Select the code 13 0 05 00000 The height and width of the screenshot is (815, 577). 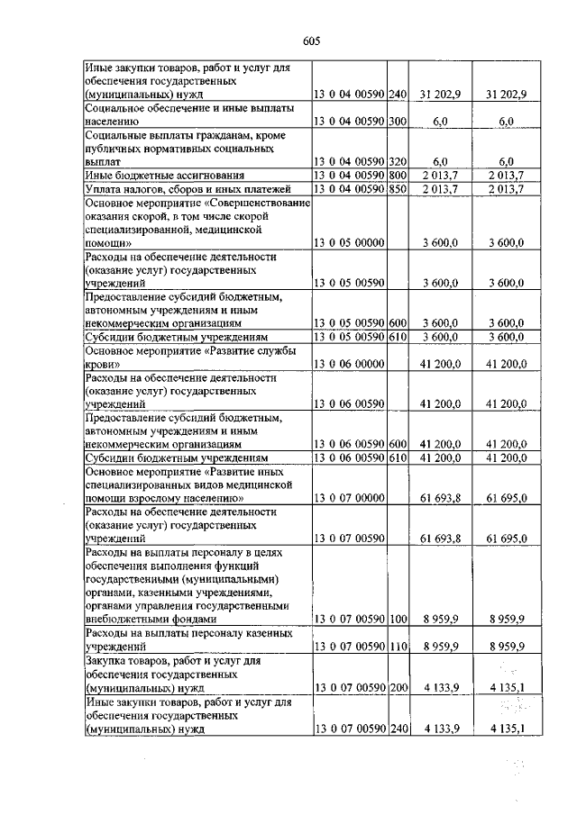(349, 243)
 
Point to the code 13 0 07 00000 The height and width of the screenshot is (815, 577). (349, 497)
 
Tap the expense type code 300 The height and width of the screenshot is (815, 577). (398, 120)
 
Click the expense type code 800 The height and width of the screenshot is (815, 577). (398, 174)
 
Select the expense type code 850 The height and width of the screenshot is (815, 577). (398, 188)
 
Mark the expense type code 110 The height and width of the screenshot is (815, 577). (398, 647)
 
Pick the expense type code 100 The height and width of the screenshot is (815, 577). (398, 619)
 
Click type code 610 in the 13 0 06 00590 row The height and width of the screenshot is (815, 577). (398, 457)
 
